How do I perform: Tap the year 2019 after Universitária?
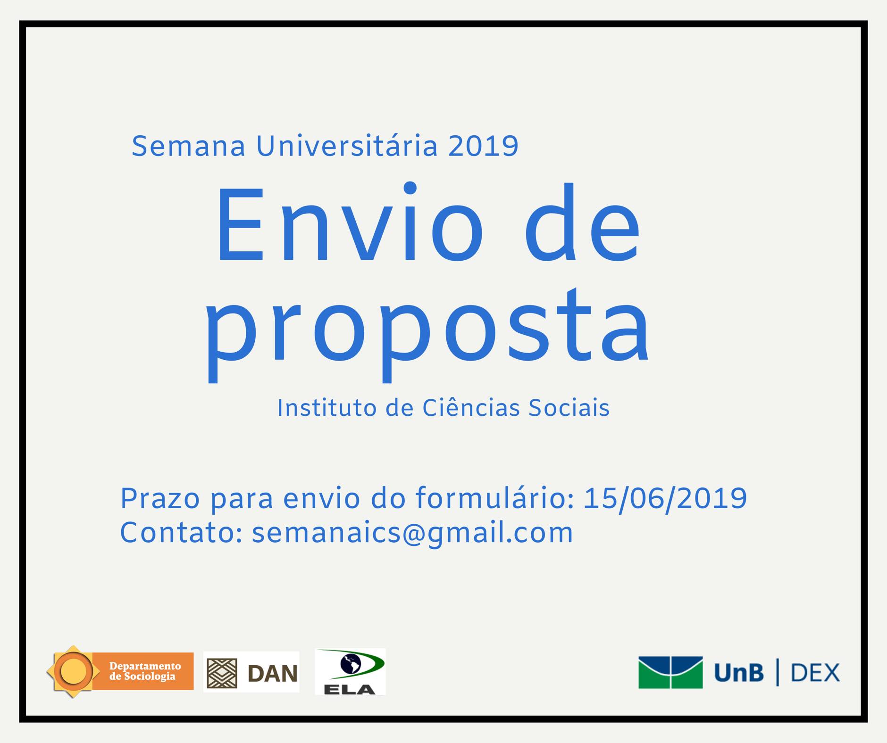click(x=483, y=146)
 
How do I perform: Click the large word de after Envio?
click(x=582, y=222)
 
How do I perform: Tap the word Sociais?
click(x=569, y=408)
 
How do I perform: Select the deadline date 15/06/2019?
click(x=665, y=499)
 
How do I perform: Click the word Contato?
click(x=181, y=533)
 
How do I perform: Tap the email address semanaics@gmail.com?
click(x=412, y=534)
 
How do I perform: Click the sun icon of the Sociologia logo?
click(x=73, y=671)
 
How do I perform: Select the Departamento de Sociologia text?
click(x=145, y=671)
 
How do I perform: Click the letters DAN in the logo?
click(x=273, y=673)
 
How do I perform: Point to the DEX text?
click(x=815, y=672)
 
